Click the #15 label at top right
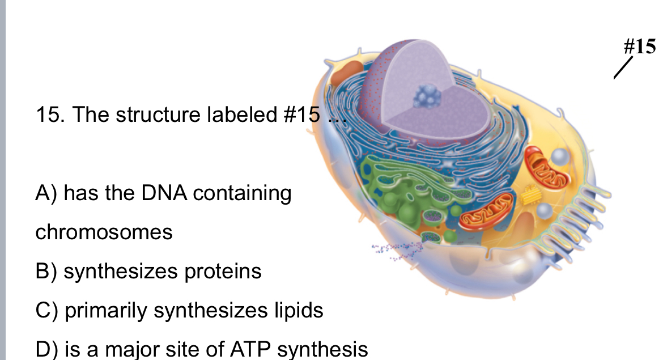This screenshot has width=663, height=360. pyautogui.click(x=640, y=46)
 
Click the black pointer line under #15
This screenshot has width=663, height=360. pyautogui.click(x=622, y=69)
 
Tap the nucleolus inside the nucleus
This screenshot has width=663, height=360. pyautogui.click(x=426, y=97)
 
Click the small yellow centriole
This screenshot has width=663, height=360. pyautogui.click(x=532, y=195)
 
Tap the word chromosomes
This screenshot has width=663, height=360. pyautogui.click(x=104, y=232)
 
